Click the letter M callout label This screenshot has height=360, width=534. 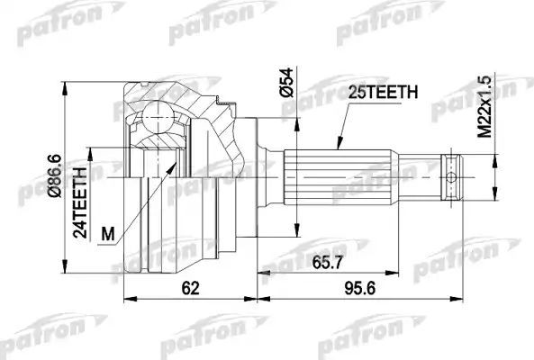(109, 236)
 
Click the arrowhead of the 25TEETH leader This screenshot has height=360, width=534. (337, 146)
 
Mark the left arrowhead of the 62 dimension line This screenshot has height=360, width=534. (125, 299)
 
